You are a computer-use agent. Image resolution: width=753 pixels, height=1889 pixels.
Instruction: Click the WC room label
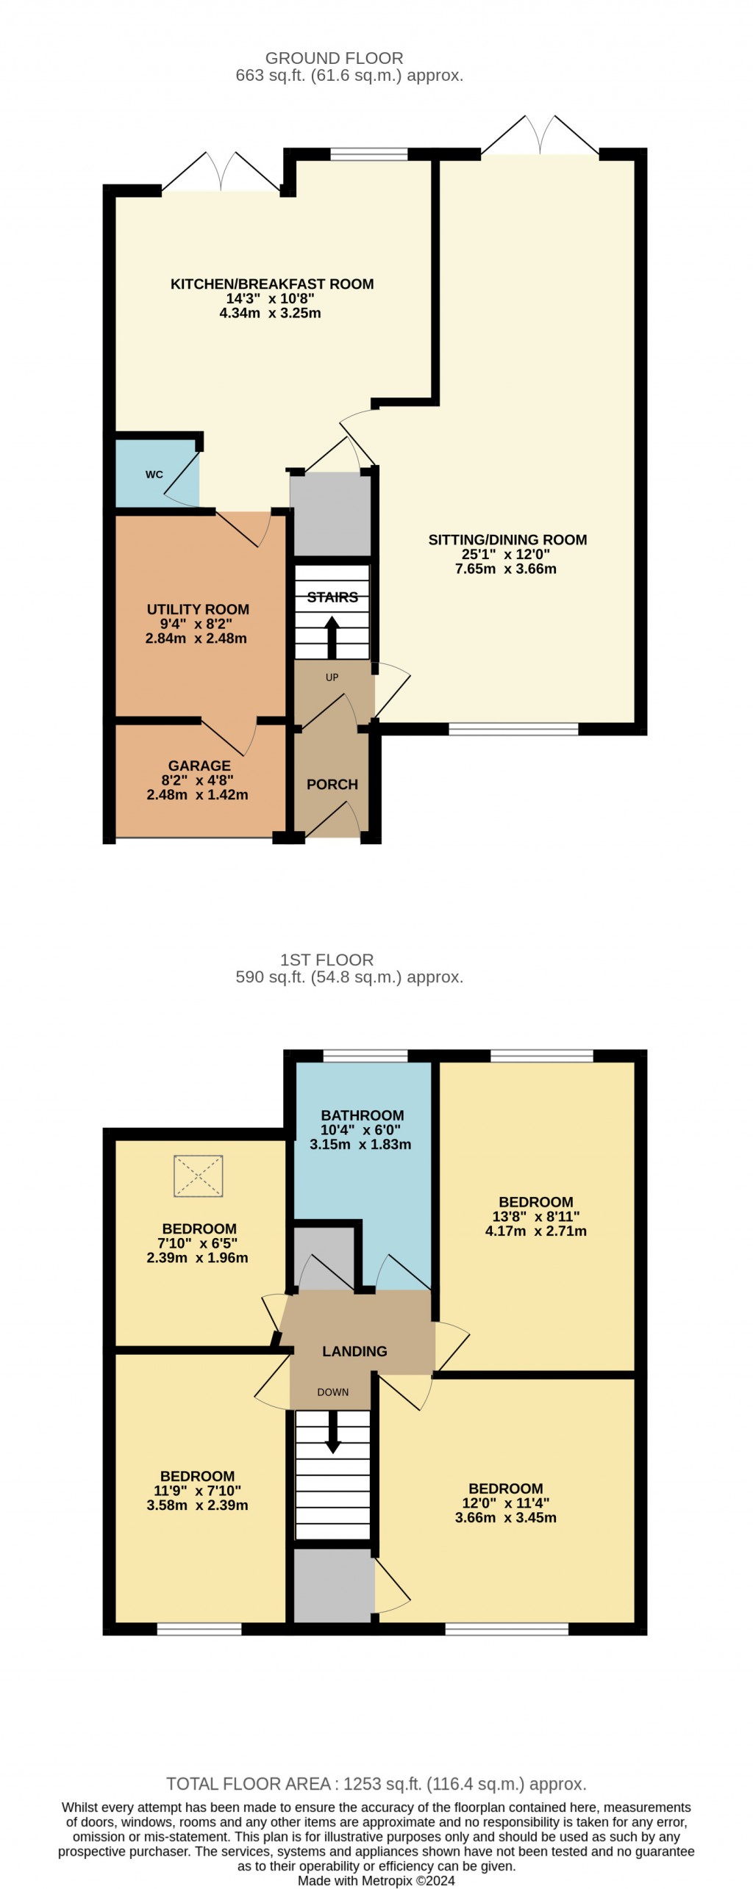point(154,475)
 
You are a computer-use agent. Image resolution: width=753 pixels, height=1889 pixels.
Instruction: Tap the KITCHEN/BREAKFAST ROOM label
point(272,284)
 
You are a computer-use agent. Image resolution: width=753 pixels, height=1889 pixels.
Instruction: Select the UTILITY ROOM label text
point(198,609)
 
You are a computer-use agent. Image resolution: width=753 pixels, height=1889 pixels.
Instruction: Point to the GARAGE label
point(199,766)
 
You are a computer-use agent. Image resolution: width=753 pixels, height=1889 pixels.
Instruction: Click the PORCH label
point(332,785)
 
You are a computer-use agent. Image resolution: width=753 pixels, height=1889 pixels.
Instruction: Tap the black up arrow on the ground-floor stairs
point(332,637)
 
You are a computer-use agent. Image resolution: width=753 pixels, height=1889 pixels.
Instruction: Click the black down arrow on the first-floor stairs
point(333,1432)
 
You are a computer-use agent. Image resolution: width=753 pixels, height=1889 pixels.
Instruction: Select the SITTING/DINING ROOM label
point(507,540)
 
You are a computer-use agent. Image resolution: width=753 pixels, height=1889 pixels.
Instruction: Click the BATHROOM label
point(363,1115)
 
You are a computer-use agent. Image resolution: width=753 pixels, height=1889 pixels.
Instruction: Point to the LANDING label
point(354,1351)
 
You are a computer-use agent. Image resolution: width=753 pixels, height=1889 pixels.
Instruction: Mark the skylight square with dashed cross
point(198,1176)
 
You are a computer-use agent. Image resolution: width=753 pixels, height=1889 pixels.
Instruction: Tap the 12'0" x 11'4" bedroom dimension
point(506,1503)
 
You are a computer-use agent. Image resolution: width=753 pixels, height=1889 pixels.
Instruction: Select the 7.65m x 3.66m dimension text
point(506,569)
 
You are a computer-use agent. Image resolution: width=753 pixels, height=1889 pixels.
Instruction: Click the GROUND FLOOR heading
point(334,58)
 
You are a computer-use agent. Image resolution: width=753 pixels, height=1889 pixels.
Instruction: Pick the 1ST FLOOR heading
point(326,960)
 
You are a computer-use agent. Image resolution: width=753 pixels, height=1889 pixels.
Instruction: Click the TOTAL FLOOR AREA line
point(376,1784)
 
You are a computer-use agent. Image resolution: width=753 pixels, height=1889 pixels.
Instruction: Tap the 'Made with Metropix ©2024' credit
point(376,1881)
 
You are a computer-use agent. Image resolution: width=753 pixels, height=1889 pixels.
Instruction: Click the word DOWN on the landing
point(333,1392)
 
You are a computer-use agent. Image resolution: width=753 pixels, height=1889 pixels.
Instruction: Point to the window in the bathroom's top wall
point(365,1057)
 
